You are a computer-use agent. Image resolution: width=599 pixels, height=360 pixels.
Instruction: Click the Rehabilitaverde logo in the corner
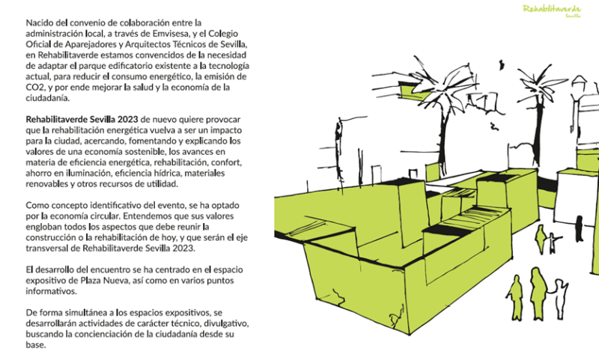coord(552,10)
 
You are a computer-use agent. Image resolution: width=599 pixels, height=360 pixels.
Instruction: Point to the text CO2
coord(34,87)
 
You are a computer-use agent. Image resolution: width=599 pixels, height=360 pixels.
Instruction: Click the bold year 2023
coord(128,120)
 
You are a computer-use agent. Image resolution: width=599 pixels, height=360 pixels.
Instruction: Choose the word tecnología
coord(228,66)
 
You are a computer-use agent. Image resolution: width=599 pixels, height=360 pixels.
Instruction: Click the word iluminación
coord(88,173)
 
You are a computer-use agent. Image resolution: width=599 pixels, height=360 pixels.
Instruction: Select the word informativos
coord(51,291)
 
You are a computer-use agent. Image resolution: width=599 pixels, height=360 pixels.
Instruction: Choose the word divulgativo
coord(227,323)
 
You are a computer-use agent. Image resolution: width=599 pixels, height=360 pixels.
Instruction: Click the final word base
coord(36,345)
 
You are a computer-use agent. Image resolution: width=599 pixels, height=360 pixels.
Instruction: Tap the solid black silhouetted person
coord(579,228)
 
